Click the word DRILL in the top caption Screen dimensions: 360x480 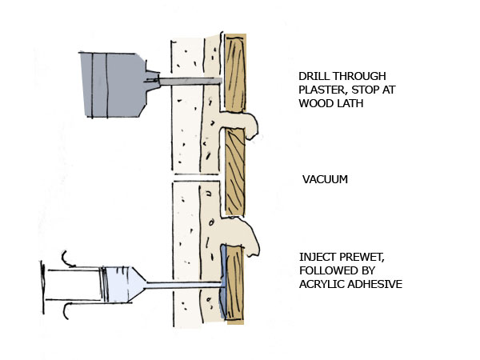[x=310, y=78]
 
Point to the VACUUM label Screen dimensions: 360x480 [x=324, y=179]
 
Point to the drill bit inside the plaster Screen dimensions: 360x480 [x=188, y=81]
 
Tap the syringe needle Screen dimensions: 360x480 [x=181, y=283]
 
